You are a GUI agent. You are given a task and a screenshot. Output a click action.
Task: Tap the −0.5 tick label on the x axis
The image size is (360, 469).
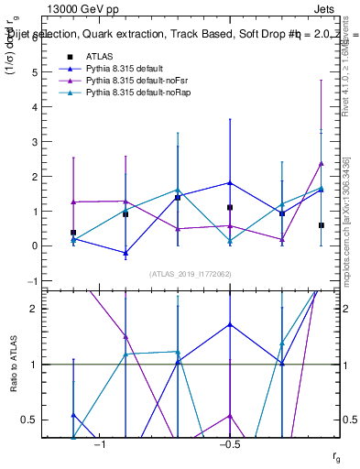coord(229,444)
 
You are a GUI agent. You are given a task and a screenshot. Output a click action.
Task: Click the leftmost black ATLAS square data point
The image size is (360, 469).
coord(73,233)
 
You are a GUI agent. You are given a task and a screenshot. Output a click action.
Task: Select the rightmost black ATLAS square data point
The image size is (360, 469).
coord(322,225)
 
